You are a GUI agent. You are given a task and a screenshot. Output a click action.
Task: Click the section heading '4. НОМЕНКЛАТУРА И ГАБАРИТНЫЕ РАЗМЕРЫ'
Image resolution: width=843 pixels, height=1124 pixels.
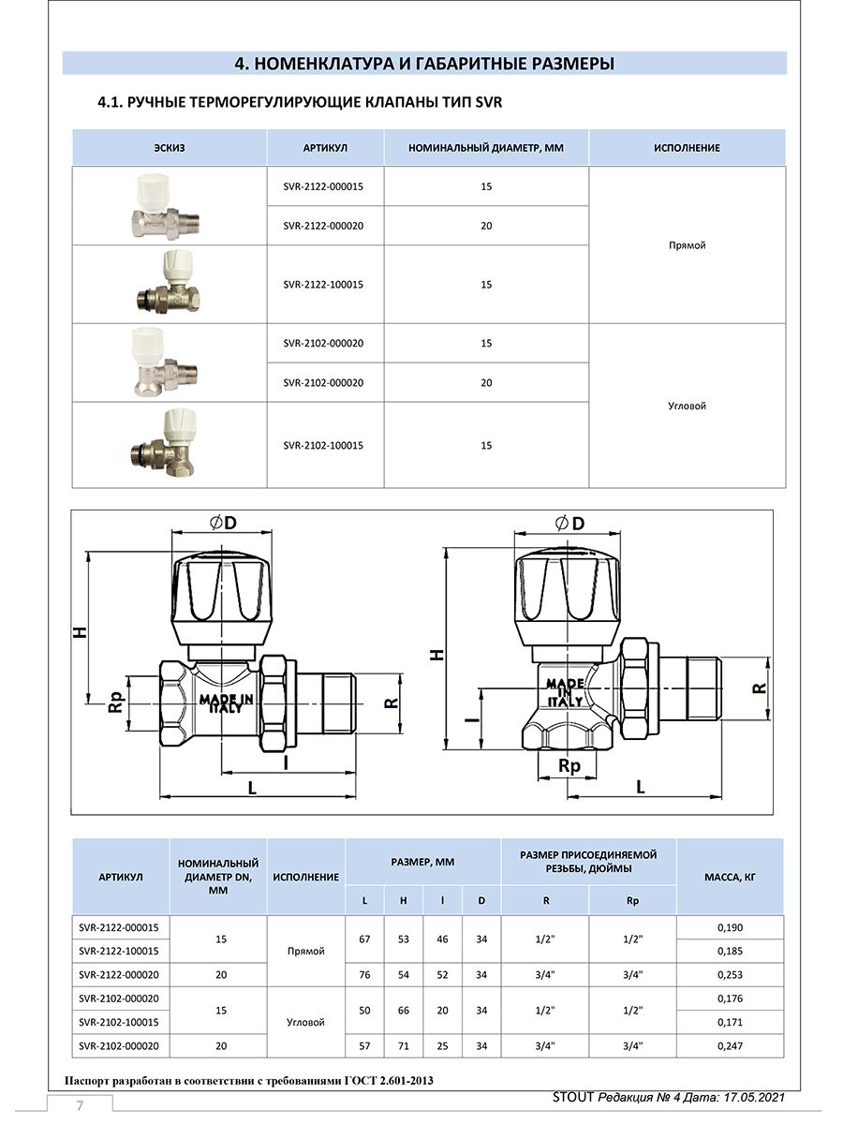point(423,64)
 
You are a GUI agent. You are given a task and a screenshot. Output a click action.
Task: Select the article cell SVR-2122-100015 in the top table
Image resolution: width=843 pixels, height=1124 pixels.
point(323,285)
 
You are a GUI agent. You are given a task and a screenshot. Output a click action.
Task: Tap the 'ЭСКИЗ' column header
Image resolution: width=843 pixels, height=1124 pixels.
point(170,148)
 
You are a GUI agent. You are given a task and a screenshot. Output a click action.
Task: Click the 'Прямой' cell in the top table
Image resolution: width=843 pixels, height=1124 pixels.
point(687,245)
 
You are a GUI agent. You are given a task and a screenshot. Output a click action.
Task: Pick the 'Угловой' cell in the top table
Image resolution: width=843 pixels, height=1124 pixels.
point(687,406)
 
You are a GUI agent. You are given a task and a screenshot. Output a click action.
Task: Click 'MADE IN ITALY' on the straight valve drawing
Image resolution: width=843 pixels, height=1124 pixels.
point(226,703)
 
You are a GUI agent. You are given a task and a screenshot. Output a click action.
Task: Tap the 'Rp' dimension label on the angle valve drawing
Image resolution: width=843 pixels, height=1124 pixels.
point(569,765)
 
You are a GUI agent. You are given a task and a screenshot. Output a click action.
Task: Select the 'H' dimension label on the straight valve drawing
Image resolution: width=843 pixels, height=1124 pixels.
point(80,632)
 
